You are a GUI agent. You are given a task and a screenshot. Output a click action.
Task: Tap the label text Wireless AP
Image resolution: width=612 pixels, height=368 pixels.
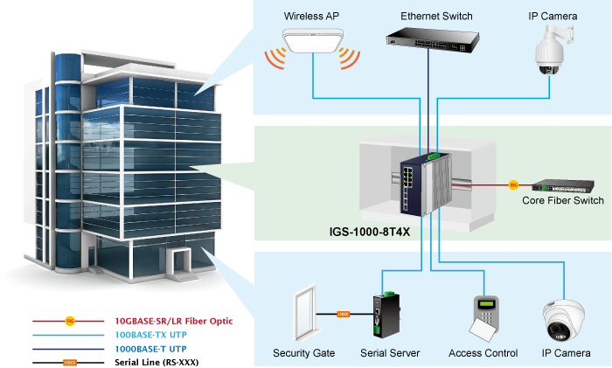point(312,17)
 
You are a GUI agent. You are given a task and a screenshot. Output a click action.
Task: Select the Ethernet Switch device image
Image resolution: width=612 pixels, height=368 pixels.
point(428,36)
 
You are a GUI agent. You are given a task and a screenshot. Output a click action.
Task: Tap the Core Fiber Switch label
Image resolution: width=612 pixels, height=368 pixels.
point(562,201)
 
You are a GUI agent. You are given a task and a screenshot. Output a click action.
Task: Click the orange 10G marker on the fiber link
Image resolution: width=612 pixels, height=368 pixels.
point(514,185)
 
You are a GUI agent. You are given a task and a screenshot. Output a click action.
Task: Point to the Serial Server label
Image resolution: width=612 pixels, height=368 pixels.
point(390,353)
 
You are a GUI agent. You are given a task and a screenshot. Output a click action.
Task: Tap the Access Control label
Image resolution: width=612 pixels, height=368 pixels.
point(483,353)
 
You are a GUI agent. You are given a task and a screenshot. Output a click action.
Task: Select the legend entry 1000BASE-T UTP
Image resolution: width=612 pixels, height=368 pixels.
point(150,348)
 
